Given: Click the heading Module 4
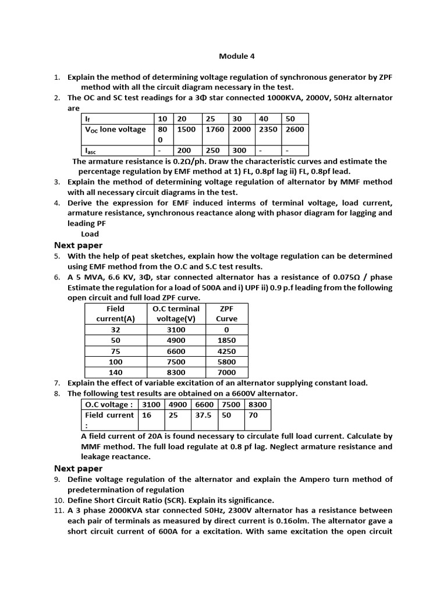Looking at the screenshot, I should pos(236,56).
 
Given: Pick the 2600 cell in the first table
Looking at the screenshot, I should pos(295,129).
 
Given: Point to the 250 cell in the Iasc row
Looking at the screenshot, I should pos(213,150).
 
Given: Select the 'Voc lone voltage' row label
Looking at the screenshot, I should pos(116,129).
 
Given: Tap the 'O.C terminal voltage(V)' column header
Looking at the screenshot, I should pos(176,314).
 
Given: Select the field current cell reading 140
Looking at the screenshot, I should pos(116,372).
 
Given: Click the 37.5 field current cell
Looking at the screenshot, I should pos(203,416).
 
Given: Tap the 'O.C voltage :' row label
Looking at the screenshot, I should pos(109,405).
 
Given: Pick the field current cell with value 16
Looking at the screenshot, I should pos(146,416).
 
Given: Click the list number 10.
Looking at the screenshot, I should pos(58,500).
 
